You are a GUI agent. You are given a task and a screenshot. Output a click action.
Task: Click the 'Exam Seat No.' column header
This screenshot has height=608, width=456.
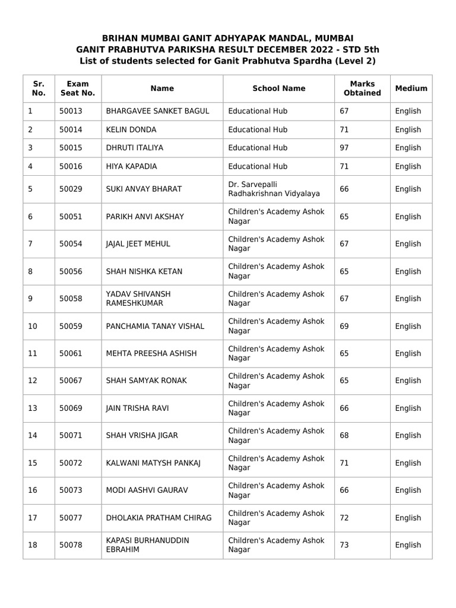(x=77, y=88)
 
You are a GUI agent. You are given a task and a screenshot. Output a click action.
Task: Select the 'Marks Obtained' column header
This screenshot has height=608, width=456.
(x=362, y=88)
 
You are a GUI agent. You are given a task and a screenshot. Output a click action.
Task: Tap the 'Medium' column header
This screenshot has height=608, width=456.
(x=411, y=88)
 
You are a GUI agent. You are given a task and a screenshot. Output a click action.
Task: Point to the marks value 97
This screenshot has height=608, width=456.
(x=344, y=148)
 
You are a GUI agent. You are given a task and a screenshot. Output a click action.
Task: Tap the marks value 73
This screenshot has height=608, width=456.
(x=344, y=545)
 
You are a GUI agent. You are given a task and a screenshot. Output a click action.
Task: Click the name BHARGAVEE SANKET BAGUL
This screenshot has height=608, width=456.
(x=157, y=111)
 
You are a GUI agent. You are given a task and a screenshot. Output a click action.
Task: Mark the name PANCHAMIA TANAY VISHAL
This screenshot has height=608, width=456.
(x=154, y=326)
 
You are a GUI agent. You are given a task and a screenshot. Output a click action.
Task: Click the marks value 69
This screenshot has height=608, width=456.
(x=344, y=326)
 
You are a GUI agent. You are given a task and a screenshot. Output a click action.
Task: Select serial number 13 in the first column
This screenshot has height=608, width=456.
(x=33, y=408)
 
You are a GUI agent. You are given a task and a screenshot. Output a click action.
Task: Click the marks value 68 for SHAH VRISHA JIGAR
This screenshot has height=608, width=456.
(x=344, y=435)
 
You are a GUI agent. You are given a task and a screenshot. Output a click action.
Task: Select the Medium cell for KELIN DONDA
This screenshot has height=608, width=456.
(x=408, y=129)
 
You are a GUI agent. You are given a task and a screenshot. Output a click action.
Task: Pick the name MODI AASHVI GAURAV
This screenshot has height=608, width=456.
(x=147, y=490)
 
